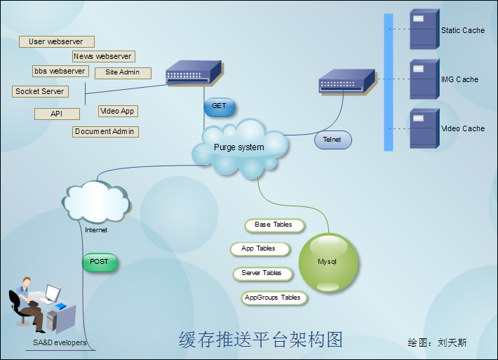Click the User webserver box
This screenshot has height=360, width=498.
[56, 42]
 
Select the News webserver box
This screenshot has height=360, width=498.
[103, 56]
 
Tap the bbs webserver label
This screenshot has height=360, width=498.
[60, 71]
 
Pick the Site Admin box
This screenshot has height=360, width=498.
[123, 72]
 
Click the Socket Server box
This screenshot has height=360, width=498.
[40, 91]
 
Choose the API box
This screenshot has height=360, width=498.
[56, 114]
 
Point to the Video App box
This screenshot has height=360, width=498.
[117, 111]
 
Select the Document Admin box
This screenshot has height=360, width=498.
[105, 131]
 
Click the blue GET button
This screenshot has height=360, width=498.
[220, 107]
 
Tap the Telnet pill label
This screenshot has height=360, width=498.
[332, 140]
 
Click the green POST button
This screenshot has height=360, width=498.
[100, 262]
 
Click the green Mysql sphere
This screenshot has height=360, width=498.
[328, 262]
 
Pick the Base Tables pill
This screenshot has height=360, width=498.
[274, 225]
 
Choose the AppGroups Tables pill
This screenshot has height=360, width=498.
[274, 298]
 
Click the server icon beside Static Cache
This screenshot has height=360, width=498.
[424, 29]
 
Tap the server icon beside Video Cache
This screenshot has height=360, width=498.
[424, 128]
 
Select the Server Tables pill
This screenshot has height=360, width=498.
[262, 273]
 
